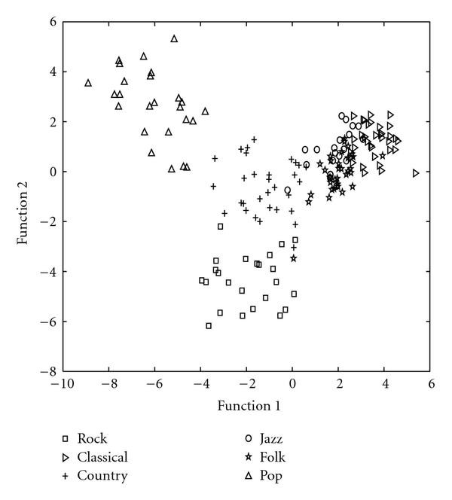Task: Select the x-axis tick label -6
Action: tap(154, 385)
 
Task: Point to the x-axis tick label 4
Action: tap(386, 385)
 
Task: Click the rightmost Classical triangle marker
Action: tap(416, 173)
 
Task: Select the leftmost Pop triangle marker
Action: tap(88, 83)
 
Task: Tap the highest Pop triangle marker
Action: tap(174, 38)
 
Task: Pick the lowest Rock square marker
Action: tap(209, 326)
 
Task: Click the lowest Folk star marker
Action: tap(294, 258)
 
